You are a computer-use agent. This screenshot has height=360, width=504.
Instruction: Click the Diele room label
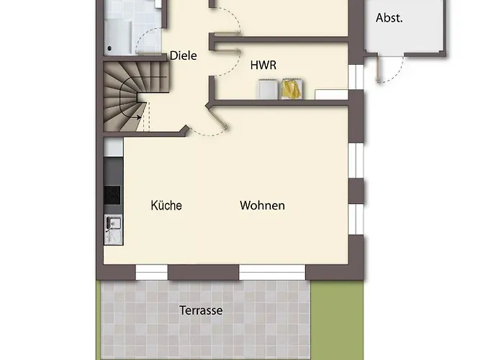pyautogui.click(x=183, y=55)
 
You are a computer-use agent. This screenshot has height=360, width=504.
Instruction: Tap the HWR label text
pyautogui.click(x=264, y=66)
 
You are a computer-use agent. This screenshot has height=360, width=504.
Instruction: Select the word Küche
pyautogui.click(x=166, y=205)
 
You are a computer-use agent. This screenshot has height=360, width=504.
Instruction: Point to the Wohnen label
pyautogui.click(x=262, y=205)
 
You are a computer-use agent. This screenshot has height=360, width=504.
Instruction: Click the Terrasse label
pyautogui.click(x=201, y=310)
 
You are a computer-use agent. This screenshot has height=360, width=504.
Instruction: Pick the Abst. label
pyautogui.click(x=390, y=18)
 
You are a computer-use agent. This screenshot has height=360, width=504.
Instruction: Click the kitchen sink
pyautogui.click(x=114, y=230)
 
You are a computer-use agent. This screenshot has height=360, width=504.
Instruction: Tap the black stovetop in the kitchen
pyautogui.click(x=112, y=195)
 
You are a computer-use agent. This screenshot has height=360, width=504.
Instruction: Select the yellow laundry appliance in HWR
pyautogui.click(x=292, y=89)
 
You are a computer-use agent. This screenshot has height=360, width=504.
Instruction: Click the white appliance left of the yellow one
pyautogui.click(x=268, y=89)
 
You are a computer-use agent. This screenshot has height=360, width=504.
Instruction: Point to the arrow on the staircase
pyautogui.click(x=136, y=117)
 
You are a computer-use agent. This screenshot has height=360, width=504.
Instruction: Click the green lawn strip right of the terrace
pyautogui.click(x=337, y=320)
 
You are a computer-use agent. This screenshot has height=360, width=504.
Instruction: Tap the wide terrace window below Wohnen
pyautogui.click(x=272, y=273)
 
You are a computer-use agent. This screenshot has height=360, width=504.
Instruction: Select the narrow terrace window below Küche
pyautogui.click(x=152, y=273)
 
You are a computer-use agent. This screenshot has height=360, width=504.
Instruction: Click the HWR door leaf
pyautogui.click(x=228, y=50)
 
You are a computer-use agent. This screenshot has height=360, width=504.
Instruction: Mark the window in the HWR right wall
pyautogui.click(x=356, y=77)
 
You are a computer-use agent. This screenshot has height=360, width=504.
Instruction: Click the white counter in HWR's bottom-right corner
pyautogui.click(x=331, y=94)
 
